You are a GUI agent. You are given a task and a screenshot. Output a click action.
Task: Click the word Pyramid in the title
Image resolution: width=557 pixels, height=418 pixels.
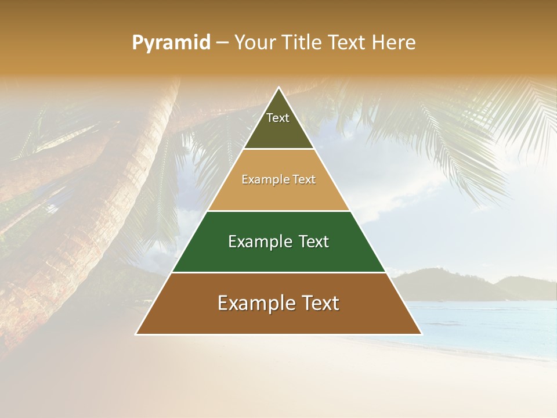tap(171, 43)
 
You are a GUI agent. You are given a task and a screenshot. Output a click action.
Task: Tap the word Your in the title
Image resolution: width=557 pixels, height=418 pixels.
tap(253, 42)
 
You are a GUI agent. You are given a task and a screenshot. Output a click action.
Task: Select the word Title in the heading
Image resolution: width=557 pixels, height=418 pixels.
tap(300, 42)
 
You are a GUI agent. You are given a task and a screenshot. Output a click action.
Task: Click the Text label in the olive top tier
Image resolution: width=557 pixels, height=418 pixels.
tap(278, 118)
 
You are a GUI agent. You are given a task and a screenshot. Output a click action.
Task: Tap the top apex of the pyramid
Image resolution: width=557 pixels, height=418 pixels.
tap(278, 88)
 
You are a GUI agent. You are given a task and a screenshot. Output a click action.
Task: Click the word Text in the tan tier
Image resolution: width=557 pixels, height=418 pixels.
tap(304, 180)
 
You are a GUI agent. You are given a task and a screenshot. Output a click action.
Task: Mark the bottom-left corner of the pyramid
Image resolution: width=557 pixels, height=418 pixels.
tap(136, 334)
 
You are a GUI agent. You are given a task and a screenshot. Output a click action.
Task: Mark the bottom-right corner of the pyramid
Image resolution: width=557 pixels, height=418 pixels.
tap(421, 334)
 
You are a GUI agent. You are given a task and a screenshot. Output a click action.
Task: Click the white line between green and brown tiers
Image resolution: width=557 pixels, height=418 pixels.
tap(278, 272)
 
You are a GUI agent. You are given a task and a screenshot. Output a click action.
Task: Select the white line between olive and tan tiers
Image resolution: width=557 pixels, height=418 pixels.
tap(278, 149)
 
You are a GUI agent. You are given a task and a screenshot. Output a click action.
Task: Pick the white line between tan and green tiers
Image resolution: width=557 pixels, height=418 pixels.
tap(278, 211)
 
